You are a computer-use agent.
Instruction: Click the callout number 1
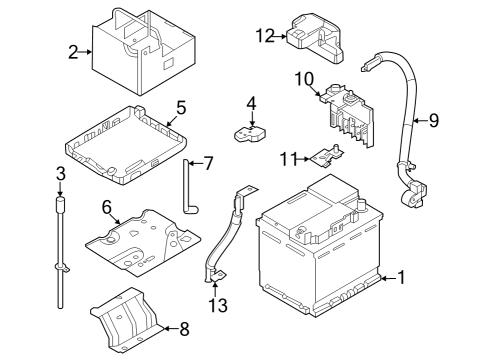point(402,279)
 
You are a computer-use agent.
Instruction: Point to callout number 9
point(434,121)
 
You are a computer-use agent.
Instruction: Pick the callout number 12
point(264,36)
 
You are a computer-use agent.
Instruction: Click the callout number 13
point(218,304)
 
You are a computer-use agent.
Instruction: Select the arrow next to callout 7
point(194,163)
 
